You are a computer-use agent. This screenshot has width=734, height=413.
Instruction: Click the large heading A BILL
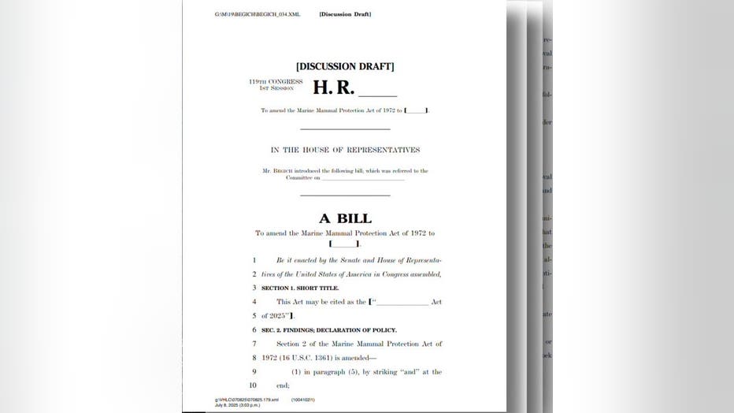pyautogui.click(x=345, y=218)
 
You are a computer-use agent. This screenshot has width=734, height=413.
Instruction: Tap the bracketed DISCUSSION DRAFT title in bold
pyautogui.click(x=345, y=66)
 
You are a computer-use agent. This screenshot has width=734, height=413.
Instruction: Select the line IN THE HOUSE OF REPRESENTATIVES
pyautogui.click(x=345, y=150)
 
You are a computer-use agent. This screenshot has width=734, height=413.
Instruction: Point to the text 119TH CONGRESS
pyautogui.click(x=276, y=81)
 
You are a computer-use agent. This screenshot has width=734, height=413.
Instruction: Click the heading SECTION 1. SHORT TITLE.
pyautogui.click(x=300, y=288)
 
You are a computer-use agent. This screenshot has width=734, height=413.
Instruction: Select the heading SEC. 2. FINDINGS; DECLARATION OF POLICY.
pyautogui.click(x=329, y=329)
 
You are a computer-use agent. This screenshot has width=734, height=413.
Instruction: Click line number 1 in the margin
pyautogui.click(x=254, y=259)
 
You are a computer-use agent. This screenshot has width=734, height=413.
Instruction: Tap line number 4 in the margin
pyautogui.click(x=254, y=302)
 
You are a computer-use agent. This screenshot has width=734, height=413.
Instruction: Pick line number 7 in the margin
pyautogui.click(x=254, y=344)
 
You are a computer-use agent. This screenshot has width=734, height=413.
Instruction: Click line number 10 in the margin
pyautogui.click(x=253, y=385)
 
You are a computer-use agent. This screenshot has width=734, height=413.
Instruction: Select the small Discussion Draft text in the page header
pyautogui.click(x=345, y=14)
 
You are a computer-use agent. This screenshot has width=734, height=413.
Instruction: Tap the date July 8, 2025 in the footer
pyautogui.click(x=225, y=404)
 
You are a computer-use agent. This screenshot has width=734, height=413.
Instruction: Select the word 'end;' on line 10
pyautogui.click(x=283, y=385)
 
